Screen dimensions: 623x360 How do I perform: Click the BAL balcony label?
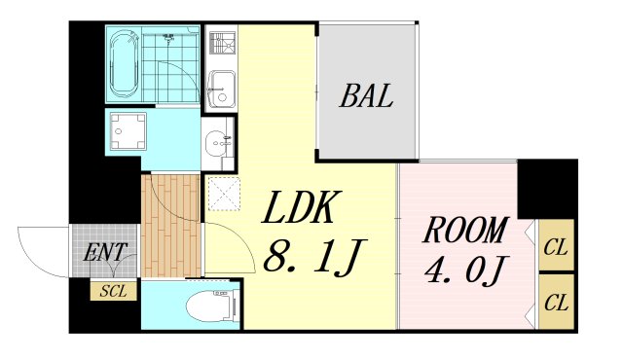[x=366, y=95]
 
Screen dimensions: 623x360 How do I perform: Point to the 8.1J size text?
[x=313, y=257]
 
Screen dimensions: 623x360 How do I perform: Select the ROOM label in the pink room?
[x=466, y=230]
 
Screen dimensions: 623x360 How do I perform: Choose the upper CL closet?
[x=556, y=245]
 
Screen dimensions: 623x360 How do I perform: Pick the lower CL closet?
[x=556, y=302]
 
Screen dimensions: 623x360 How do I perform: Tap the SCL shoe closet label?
[x=113, y=291]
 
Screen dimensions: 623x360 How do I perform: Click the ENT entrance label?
[x=105, y=252]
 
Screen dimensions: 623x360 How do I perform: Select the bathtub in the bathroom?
[x=124, y=64]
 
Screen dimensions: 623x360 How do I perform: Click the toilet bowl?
[x=212, y=306]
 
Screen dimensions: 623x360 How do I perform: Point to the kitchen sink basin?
[x=222, y=89]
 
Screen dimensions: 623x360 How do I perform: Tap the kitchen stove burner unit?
[x=223, y=43]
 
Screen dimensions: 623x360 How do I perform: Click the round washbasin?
[x=217, y=142]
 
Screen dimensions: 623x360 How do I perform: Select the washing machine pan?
[x=128, y=131]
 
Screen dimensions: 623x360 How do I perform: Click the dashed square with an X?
[x=225, y=194]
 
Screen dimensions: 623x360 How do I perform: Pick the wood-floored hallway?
[x=171, y=226]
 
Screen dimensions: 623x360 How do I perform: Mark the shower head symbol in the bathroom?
[x=169, y=38]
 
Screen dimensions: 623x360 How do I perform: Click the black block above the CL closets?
[x=547, y=189]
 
